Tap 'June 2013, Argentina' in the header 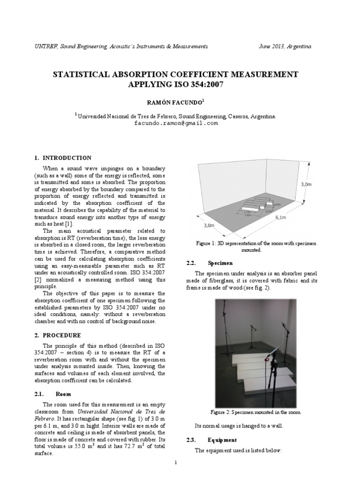(285, 46)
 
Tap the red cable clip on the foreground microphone (266, 360)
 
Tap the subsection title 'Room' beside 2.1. (63, 394)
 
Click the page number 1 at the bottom (175, 463)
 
